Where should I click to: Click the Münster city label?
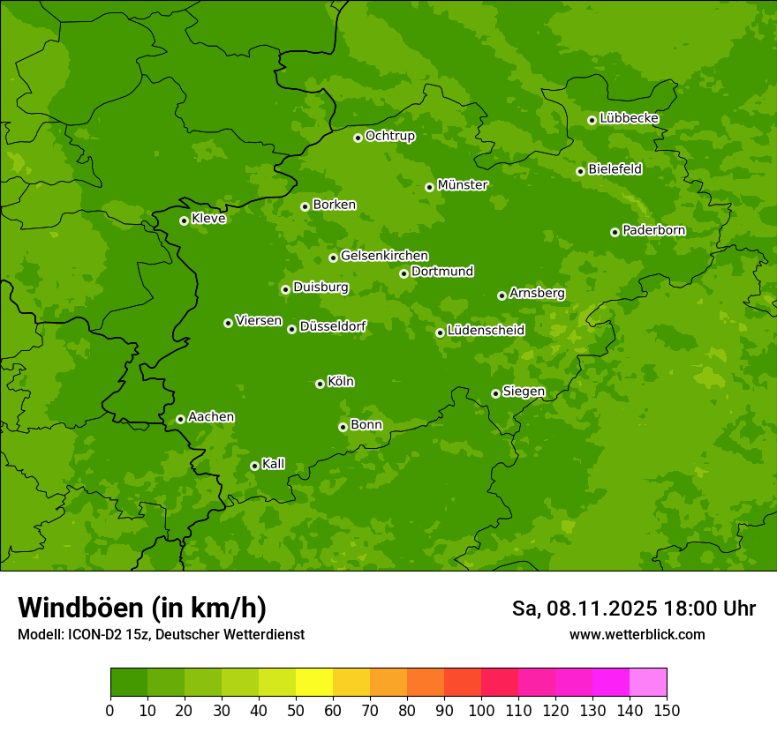coord(463,185)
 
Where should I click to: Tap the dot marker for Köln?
coord(320,384)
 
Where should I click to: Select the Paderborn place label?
coord(653,230)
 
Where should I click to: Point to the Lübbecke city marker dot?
coord(592,120)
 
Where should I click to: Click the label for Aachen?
coord(211,417)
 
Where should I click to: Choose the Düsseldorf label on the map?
coord(333,326)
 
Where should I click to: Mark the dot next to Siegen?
coord(495,393)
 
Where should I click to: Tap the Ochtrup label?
coord(389,136)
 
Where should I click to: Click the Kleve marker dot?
coord(184,220)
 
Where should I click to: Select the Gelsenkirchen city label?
coord(384,256)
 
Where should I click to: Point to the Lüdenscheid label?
coord(486,331)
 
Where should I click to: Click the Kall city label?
coord(274,464)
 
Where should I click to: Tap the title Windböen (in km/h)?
coord(142,608)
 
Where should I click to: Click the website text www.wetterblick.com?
coord(637,634)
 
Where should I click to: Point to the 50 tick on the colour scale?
coord(296,710)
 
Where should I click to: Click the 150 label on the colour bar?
coord(667,710)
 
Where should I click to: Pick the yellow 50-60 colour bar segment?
coord(314,683)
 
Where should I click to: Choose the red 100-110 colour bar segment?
coord(500,683)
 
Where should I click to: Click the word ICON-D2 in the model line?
coord(91,634)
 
